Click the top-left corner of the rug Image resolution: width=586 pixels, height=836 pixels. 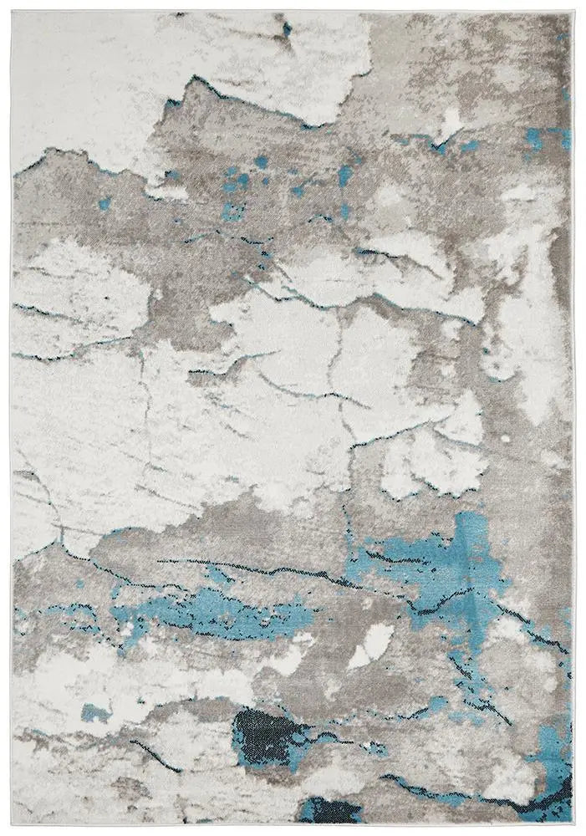click(13, 12)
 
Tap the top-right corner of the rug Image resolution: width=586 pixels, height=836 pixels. click(573, 12)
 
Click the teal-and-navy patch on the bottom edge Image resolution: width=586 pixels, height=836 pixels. click(330, 810)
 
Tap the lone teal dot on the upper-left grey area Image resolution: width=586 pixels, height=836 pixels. click(104, 203)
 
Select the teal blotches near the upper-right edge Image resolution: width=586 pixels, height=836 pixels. click(543, 138)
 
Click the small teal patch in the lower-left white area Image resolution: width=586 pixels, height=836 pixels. click(94, 713)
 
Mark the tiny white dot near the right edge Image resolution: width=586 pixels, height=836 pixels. click(504, 438)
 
